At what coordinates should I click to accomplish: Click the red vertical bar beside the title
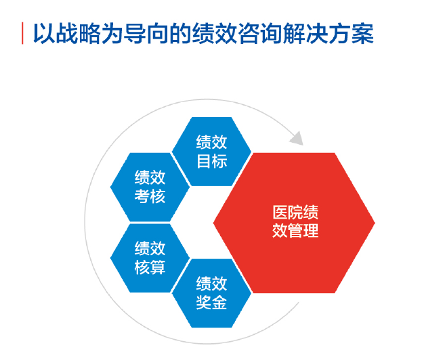[22, 33]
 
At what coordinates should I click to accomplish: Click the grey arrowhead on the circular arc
[297, 138]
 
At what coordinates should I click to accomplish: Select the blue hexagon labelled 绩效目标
[211, 152]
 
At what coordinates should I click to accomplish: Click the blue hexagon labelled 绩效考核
[150, 187]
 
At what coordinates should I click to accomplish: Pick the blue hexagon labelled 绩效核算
[150, 258]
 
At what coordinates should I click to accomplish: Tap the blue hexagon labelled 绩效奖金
[211, 293]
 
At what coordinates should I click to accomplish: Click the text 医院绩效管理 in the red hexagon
[295, 221]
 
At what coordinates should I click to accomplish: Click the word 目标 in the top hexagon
[212, 161]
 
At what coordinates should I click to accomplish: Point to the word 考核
[150, 196]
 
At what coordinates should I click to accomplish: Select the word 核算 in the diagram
[150, 267]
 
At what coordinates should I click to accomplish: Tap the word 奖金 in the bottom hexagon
[211, 302]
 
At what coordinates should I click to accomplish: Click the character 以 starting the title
[44, 33]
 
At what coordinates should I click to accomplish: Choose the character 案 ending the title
[363, 33]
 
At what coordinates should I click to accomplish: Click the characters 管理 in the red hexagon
[303, 231]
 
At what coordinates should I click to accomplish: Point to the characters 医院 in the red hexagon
[288, 212]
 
